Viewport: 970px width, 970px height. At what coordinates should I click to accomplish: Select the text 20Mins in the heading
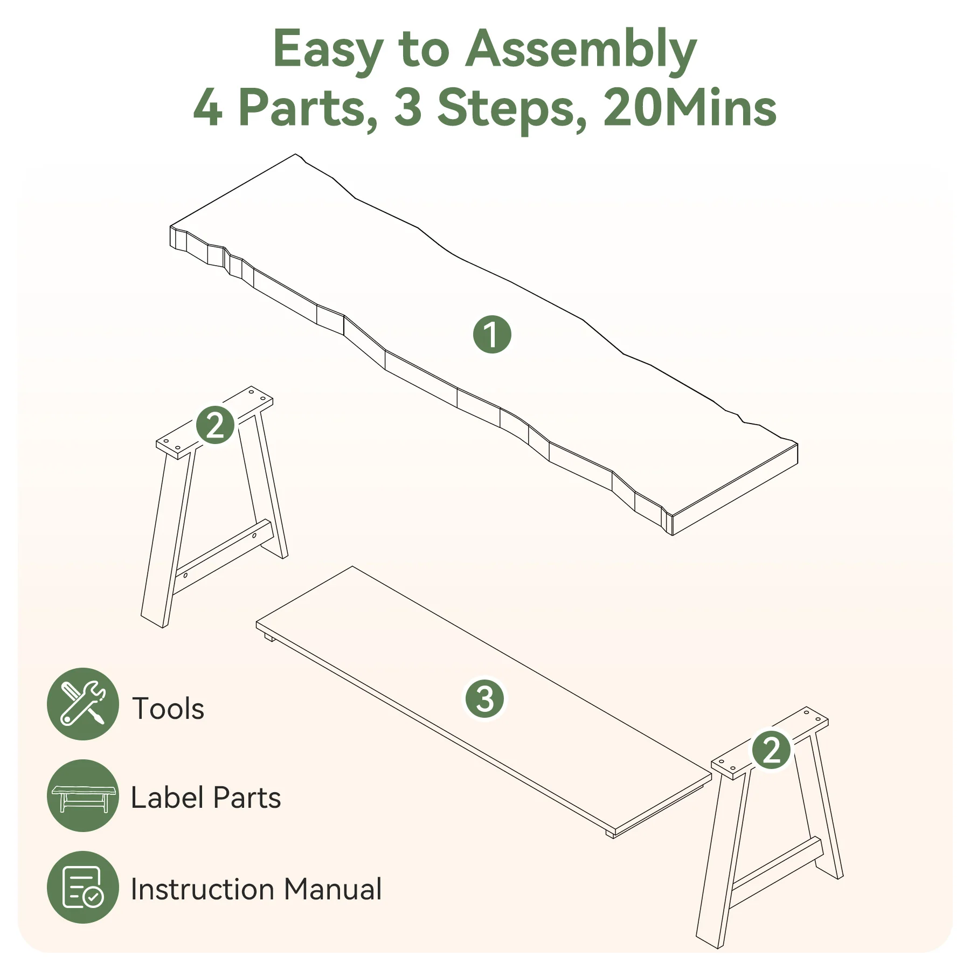(x=690, y=108)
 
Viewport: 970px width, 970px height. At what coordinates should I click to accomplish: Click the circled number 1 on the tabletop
(x=492, y=334)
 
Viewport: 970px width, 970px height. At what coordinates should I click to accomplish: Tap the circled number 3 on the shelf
(x=485, y=699)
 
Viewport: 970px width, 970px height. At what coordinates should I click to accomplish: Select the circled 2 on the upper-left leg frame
(x=215, y=425)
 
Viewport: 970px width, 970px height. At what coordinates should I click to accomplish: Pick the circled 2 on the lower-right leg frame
(x=771, y=750)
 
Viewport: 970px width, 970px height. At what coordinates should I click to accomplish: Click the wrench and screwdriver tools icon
(x=82, y=704)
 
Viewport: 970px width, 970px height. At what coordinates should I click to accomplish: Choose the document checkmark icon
(x=82, y=887)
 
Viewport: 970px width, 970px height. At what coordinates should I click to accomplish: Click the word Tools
(x=168, y=708)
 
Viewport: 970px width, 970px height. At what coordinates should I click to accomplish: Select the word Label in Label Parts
(x=167, y=798)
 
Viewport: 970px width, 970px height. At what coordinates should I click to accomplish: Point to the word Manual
(x=333, y=889)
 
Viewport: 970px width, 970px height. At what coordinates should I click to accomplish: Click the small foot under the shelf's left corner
(x=268, y=638)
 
